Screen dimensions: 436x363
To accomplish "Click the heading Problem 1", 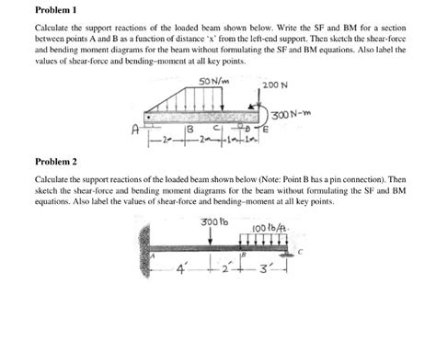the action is tap(54, 11).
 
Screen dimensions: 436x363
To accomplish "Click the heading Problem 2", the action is tap(54, 159).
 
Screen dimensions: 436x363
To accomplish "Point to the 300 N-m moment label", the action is tap(294, 114).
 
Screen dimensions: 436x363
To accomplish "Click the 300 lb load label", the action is tap(212, 222).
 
